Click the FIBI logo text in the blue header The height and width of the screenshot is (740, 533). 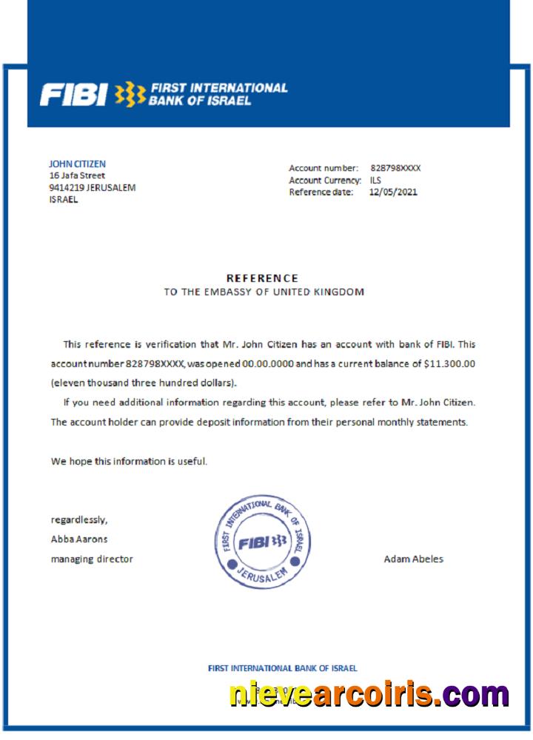click(74, 94)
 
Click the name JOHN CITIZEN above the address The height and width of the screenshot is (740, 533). click(77, 164)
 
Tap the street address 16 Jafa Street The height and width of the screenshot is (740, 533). click(77, 175)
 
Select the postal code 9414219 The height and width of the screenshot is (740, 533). click(66, 187)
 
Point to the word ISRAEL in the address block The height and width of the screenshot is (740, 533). click(64, 199)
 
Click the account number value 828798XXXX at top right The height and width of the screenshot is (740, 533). click(395, 168)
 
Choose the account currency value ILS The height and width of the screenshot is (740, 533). click(375, 180)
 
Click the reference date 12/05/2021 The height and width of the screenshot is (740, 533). click(393, 192)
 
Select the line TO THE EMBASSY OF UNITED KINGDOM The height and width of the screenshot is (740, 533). click(264, 292)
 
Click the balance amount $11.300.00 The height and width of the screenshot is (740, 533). click(450, 364)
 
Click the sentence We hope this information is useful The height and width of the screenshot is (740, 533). click(129, 461)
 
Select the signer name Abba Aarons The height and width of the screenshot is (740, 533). click(78, 539)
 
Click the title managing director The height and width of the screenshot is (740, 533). click(92, 559)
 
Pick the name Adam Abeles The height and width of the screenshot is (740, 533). click(413, 559)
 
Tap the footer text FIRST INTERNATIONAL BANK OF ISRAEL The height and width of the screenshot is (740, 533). click(282, 668)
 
